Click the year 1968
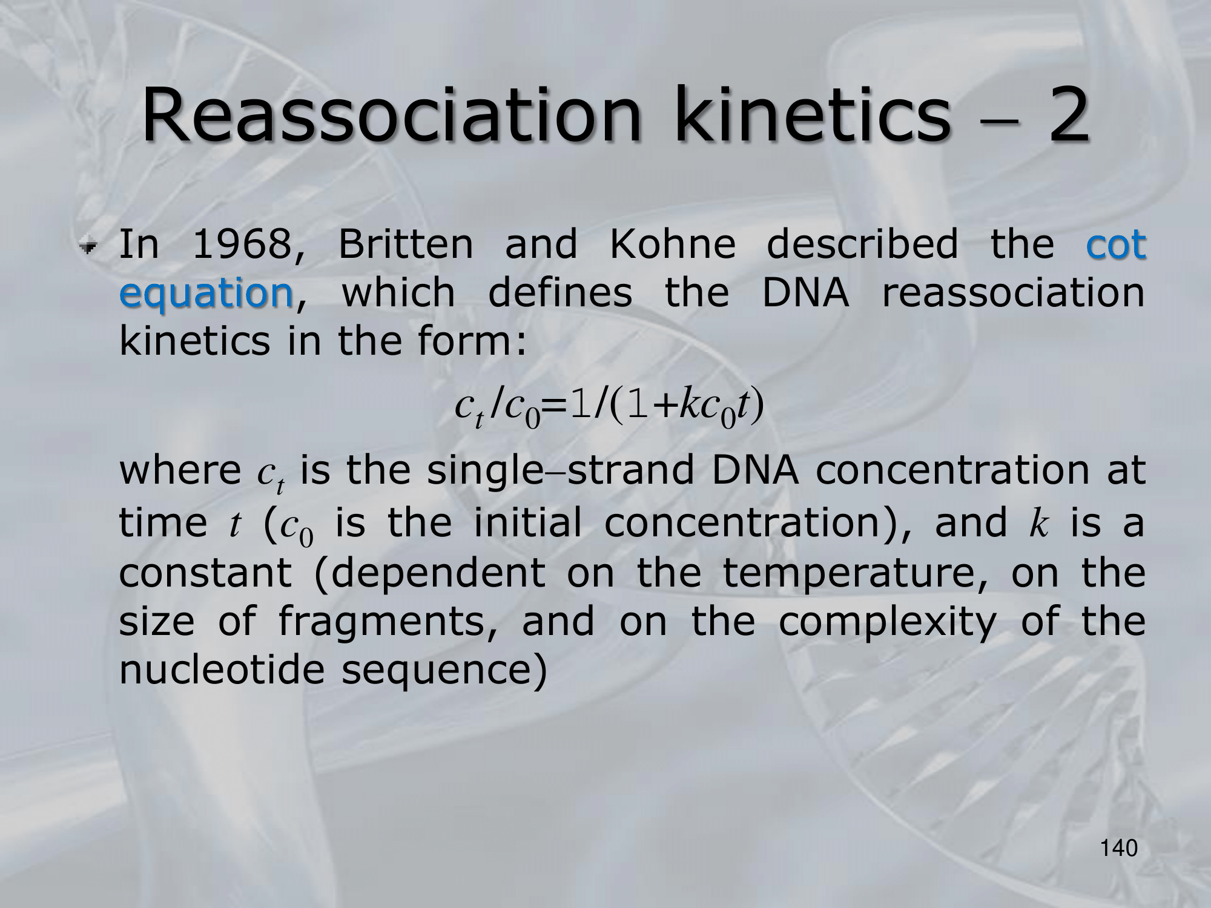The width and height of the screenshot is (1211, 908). [x=248, y=245]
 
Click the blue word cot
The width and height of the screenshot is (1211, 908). [x=1115, y=245]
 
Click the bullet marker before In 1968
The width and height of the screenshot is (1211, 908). [x=91, y=246]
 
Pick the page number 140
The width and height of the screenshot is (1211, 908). [x=1119, y=849]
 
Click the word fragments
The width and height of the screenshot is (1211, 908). [x=384, y=623]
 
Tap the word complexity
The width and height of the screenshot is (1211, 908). [x=887, y=623]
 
